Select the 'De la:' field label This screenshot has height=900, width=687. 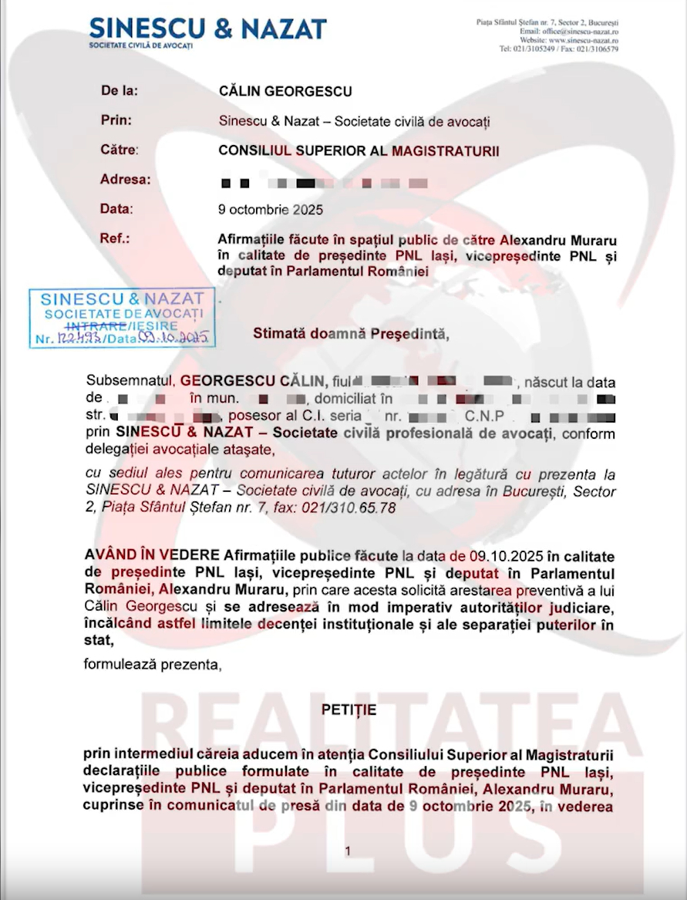(120, 91)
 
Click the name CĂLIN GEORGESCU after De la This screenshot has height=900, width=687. (285, 91)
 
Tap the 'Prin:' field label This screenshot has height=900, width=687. (116, 120)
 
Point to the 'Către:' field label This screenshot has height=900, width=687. (120, 150)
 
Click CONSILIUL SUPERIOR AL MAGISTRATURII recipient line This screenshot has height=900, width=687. (359, 150)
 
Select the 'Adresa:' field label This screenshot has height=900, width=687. (125, 180)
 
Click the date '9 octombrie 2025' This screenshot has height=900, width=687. (271, 209)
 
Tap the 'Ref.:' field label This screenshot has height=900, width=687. (115, 238)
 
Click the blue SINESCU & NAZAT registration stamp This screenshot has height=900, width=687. (122, 318)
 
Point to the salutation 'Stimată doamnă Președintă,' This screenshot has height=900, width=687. (350, 334)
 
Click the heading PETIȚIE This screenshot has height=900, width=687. (349, 710)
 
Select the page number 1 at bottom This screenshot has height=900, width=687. (349, 851)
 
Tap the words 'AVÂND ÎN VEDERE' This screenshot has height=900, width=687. (152, 557)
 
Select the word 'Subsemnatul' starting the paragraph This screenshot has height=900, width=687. (131, 381)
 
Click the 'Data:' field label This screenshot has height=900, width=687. (117, 209)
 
